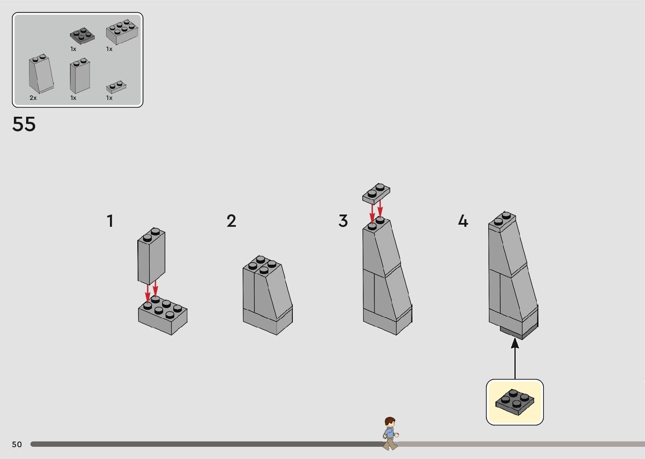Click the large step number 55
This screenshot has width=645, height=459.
(24, 124)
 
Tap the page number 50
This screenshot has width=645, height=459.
(17, 444)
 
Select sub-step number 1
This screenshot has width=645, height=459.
(110, 221)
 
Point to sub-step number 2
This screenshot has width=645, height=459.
(231, 221)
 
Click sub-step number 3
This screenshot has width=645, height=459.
(343, 221)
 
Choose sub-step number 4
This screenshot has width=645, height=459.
(463, 221)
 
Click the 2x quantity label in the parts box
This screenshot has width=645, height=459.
(33, 98)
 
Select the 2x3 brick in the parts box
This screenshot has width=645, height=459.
(122, 32)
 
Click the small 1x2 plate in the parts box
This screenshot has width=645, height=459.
(116, 87)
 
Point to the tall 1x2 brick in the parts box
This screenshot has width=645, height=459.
(80, 76)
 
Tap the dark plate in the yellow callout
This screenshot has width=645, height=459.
(514, 402)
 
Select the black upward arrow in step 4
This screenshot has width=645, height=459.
(515, 359)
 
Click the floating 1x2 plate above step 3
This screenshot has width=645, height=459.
(376, 193)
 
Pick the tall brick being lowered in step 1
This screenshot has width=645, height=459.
(151, 256)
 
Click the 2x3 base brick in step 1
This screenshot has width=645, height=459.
(163, 316)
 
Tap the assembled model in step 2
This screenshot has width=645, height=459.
(268, 295)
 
